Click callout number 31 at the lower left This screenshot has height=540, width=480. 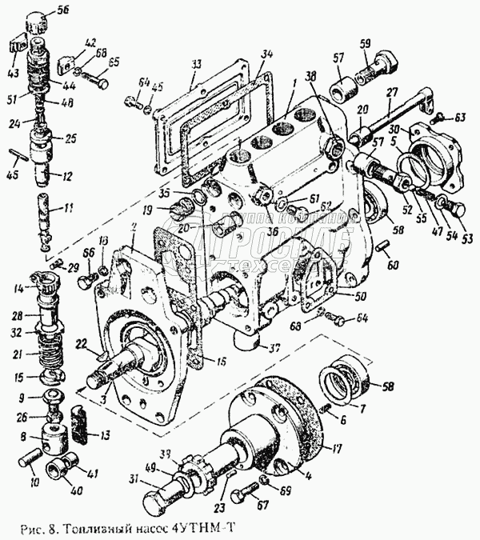coord(134,480)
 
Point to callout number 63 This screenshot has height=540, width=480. coord(461,118)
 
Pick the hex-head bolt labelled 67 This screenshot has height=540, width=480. coord(241,497)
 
